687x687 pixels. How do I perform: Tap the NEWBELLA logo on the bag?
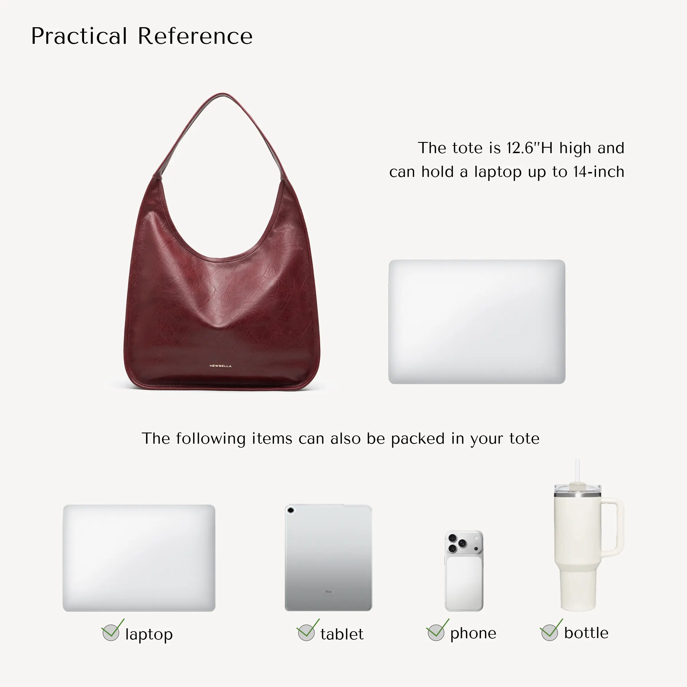220,366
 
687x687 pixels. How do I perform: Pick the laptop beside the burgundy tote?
477,321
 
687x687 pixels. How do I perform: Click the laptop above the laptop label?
139,558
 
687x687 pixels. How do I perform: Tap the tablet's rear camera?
291,510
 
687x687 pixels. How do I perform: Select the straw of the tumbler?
577,471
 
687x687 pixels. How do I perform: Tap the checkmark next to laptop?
112,630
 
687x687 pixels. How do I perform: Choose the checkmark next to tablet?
308,630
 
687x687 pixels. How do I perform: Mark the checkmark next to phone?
437,630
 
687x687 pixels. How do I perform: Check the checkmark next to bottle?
551,630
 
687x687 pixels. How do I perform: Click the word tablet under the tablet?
342,634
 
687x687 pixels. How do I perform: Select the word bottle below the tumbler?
586,633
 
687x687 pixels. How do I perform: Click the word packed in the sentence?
418,439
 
